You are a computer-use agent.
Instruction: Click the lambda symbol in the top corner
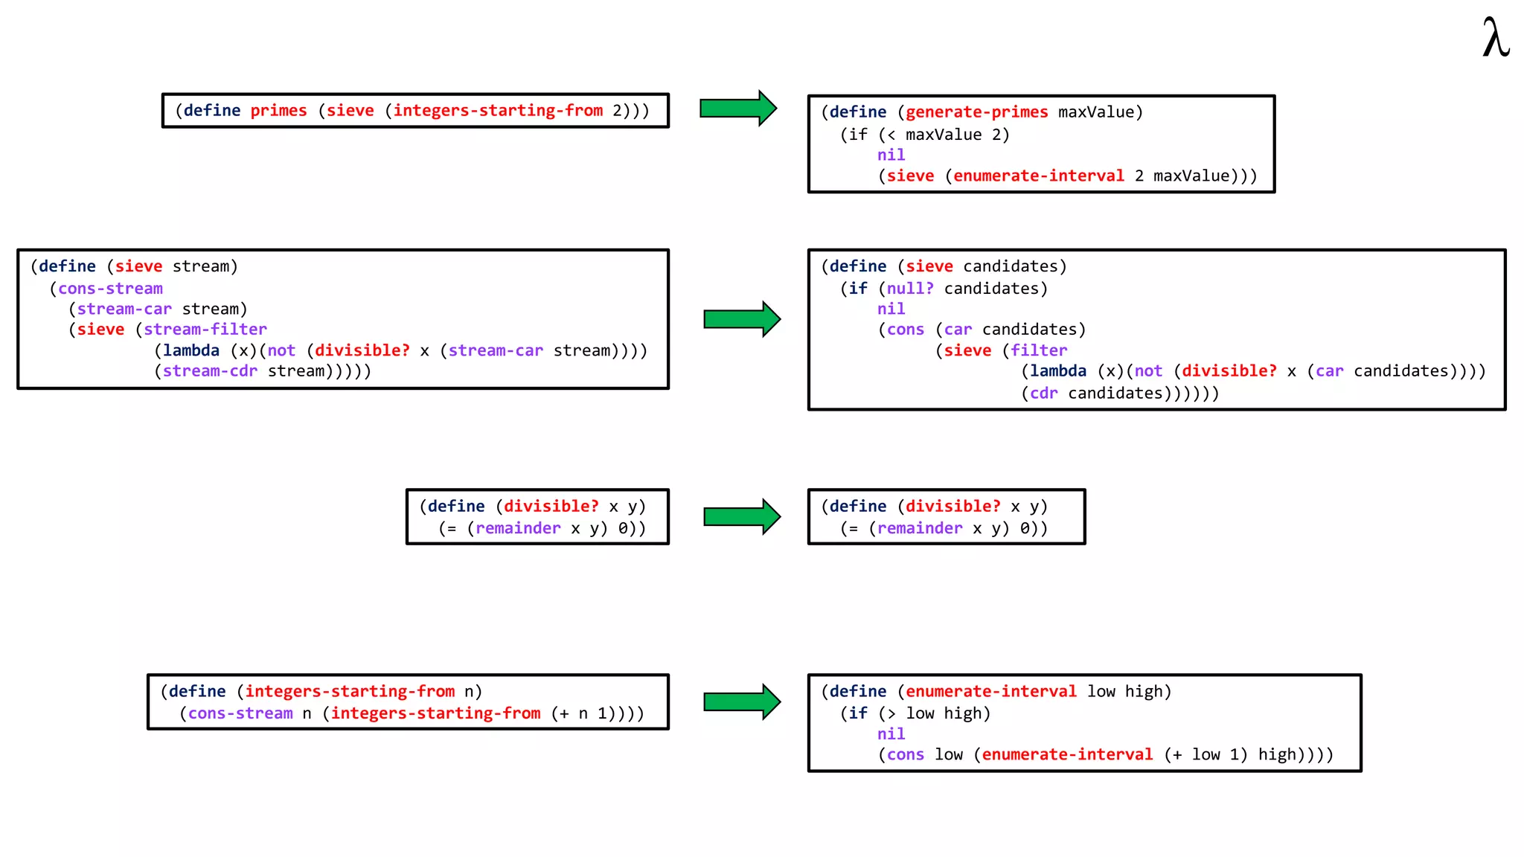tap(1496, 39)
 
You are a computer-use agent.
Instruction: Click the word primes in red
tap(278, 111)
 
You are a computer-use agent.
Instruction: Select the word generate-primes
tap(976, 112)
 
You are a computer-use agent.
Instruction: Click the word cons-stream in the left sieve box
tap(110, 289)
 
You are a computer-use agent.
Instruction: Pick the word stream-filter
tap(205, 330)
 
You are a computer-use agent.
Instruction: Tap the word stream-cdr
tap(210, 371)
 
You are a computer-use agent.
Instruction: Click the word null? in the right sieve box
tap(910, 289)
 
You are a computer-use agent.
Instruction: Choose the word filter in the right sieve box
tap(1039, 350)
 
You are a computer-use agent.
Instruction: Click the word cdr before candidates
tap(1043, 394)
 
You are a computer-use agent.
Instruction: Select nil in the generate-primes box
tap(891, 155)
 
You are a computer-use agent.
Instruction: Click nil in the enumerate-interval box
tap(891, 734)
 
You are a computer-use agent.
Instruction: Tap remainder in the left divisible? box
tap(518, 528)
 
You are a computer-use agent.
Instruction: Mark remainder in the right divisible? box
tap(920, 528)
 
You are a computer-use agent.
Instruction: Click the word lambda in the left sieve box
tap(191, 350)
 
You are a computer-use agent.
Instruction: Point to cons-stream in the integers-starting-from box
tap(240, 713)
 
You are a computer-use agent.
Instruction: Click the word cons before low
tap(905, 755)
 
